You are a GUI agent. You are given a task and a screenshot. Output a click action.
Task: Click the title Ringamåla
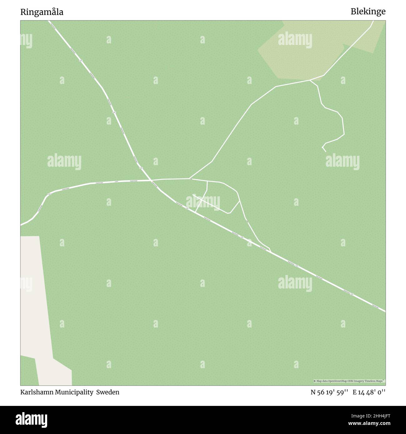42,12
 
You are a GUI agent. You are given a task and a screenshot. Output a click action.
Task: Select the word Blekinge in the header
368,12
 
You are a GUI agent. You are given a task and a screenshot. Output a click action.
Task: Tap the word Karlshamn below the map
34,392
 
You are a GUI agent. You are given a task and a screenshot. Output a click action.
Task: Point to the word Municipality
71,392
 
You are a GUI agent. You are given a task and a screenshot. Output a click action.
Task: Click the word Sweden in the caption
108,392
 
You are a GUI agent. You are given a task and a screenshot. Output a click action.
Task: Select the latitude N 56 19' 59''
329,392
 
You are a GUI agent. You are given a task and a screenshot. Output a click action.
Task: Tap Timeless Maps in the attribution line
375,381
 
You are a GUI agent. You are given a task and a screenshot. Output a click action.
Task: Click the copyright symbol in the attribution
315,381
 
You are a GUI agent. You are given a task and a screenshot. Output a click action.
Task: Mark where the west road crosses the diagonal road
151,180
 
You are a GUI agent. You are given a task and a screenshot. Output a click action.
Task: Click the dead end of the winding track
326,152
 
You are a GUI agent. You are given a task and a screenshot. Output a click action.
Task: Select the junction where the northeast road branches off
190,179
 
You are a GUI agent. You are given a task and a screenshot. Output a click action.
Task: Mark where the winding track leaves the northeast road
310,80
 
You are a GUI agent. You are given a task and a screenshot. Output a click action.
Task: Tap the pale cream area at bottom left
37,312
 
